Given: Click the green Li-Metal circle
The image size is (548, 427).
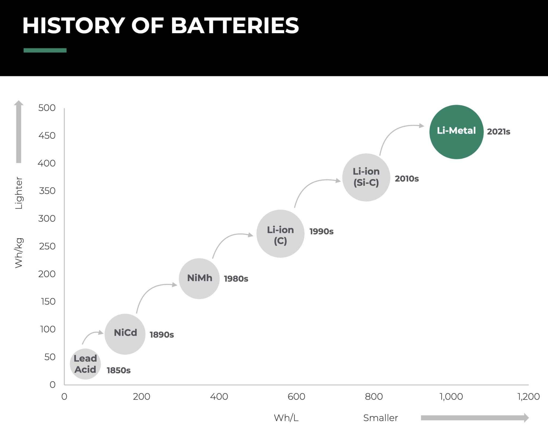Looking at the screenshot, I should [x=456, y=132].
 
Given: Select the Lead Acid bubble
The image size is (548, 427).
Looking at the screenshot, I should [x=85, y=364].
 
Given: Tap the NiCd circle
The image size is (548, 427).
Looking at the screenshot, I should [x=125, y=334].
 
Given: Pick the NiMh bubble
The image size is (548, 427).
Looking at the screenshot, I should [x=199, y=278].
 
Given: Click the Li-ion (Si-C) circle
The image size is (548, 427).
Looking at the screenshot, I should [x=366, y=177].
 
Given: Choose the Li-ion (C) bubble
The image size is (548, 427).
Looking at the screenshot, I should [x=280, y=233].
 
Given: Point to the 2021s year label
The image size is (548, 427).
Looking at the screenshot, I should [x=498, y=132].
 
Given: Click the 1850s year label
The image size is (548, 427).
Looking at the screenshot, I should [x=119, y=370].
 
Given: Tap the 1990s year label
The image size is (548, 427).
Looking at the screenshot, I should [x=321, y=231].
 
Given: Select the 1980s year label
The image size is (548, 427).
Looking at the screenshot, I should [x=236, y=279].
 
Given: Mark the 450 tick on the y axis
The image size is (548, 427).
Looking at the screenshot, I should [x=47, y=135].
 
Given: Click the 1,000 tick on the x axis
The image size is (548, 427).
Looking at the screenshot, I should [x=451, y=396].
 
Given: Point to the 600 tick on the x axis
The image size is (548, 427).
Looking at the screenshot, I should [x=296, y=396].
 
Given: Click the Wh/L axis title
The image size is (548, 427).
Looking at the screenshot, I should [x=286, y=418].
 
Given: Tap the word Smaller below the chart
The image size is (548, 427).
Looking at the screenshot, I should [x=380, y=418].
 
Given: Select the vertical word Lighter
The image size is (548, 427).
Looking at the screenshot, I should [x=19, y=193].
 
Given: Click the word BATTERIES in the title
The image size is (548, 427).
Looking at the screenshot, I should [x=235, y=26].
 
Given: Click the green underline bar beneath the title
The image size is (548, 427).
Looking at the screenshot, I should [x=45, y=50].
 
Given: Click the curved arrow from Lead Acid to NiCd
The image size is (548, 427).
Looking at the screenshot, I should [x=90, y=335].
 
